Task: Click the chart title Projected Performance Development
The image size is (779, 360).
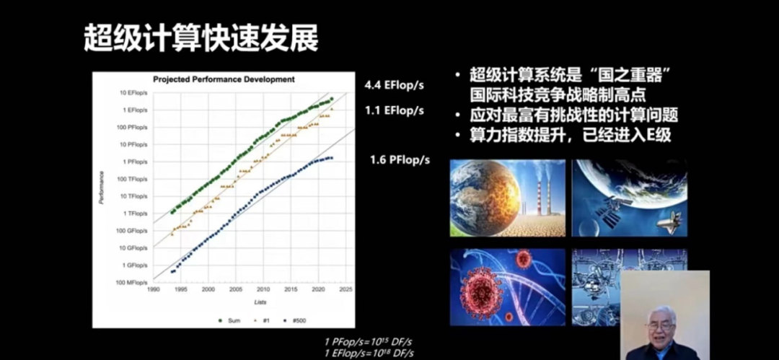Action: click(x=224, y=79)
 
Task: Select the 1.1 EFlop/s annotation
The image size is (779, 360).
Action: click(x=394, y=110)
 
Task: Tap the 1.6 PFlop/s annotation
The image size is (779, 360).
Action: click(x=400, y=159)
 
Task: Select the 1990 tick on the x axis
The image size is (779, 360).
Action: click(x=154, y=289)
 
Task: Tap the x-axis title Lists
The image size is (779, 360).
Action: click(x=259, y=301)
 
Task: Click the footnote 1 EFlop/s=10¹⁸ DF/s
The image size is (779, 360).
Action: click(x=369, y=352)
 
